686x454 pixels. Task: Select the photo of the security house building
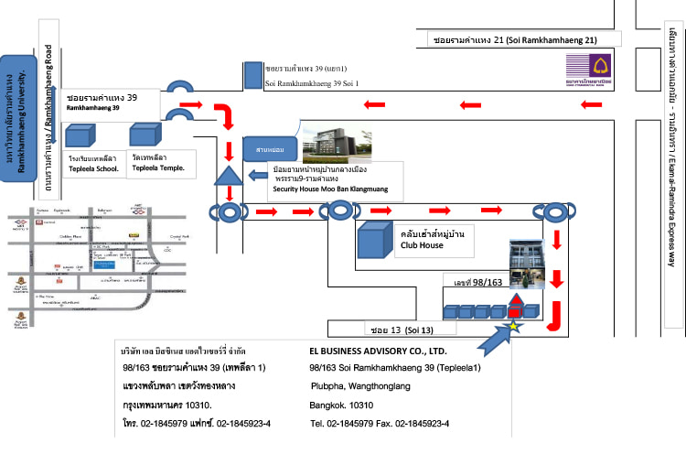(x=336, y=144)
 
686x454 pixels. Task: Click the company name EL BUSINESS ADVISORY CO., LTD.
(x=378, y=351)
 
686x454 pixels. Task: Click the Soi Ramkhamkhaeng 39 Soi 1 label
(x=311, y=83)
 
